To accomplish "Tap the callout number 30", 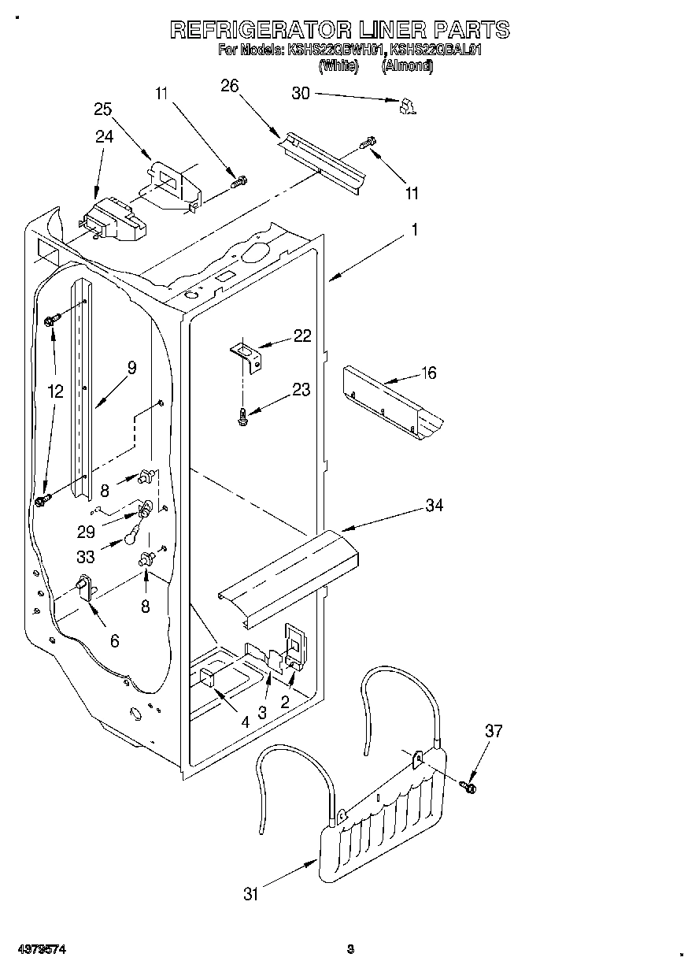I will click(x=301, y=93).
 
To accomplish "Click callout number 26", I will click(x=229, y=86).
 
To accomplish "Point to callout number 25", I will click(x=103, y=109).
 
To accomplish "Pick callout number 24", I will click(x=104, y=136).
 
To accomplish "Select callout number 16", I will click(x=429, y=373).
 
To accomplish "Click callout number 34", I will click(x=434, y=505).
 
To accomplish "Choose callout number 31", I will click(x=250, y=893).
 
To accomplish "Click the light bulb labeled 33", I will click(x=131, y=537).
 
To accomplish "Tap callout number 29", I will click(x=86, y=532).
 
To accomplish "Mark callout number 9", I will click(x=131, y=366).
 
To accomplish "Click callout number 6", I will click(x=115, y=642).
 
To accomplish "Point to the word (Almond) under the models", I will click(x=407, y=67).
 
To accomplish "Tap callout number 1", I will click(x=415, y=231).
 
